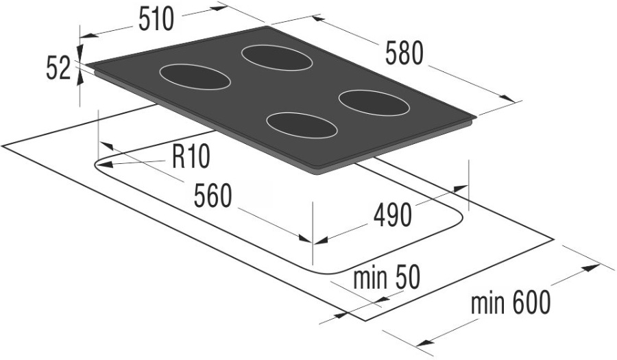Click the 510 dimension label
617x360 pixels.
(156, 20)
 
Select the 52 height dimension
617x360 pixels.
(58, 68)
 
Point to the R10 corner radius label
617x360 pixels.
(191, 157)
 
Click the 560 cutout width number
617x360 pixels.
(213, 196)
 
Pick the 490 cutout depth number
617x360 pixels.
(392, 215)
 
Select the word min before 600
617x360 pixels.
(488, 304)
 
